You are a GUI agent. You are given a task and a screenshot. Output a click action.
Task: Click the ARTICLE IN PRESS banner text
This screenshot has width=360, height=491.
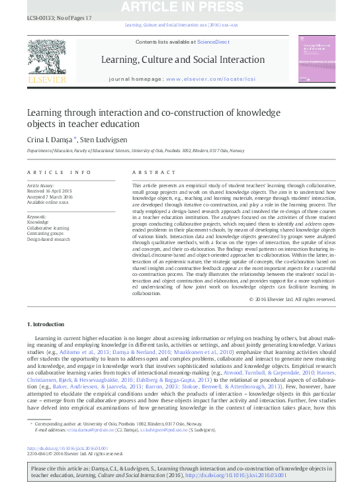click(180, 7)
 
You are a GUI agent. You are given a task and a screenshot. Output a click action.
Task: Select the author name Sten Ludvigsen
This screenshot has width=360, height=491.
click(101, 140)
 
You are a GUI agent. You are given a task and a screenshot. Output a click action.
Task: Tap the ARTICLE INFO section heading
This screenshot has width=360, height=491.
click(59, 172)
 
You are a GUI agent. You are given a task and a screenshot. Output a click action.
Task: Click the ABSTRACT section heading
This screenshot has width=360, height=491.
click(146, 172)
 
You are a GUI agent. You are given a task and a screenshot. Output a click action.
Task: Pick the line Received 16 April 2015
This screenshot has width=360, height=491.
click(50, 192)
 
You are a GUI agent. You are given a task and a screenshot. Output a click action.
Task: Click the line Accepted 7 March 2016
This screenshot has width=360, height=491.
click(50, 197)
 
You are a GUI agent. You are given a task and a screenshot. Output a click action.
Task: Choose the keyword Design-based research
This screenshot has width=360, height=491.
click(48, 239)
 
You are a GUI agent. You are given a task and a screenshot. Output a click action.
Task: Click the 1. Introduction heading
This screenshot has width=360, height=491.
click(46, 324)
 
